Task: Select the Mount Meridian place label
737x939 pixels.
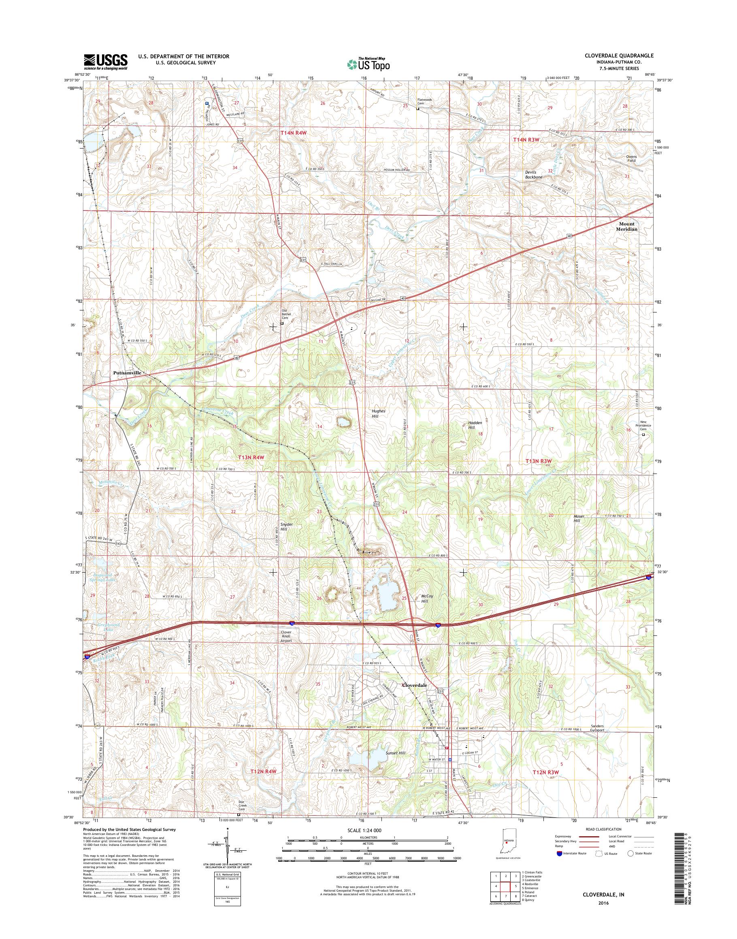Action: [628, 226]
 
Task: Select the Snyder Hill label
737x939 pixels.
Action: [287, 527]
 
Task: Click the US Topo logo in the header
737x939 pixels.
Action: [368, 65]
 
